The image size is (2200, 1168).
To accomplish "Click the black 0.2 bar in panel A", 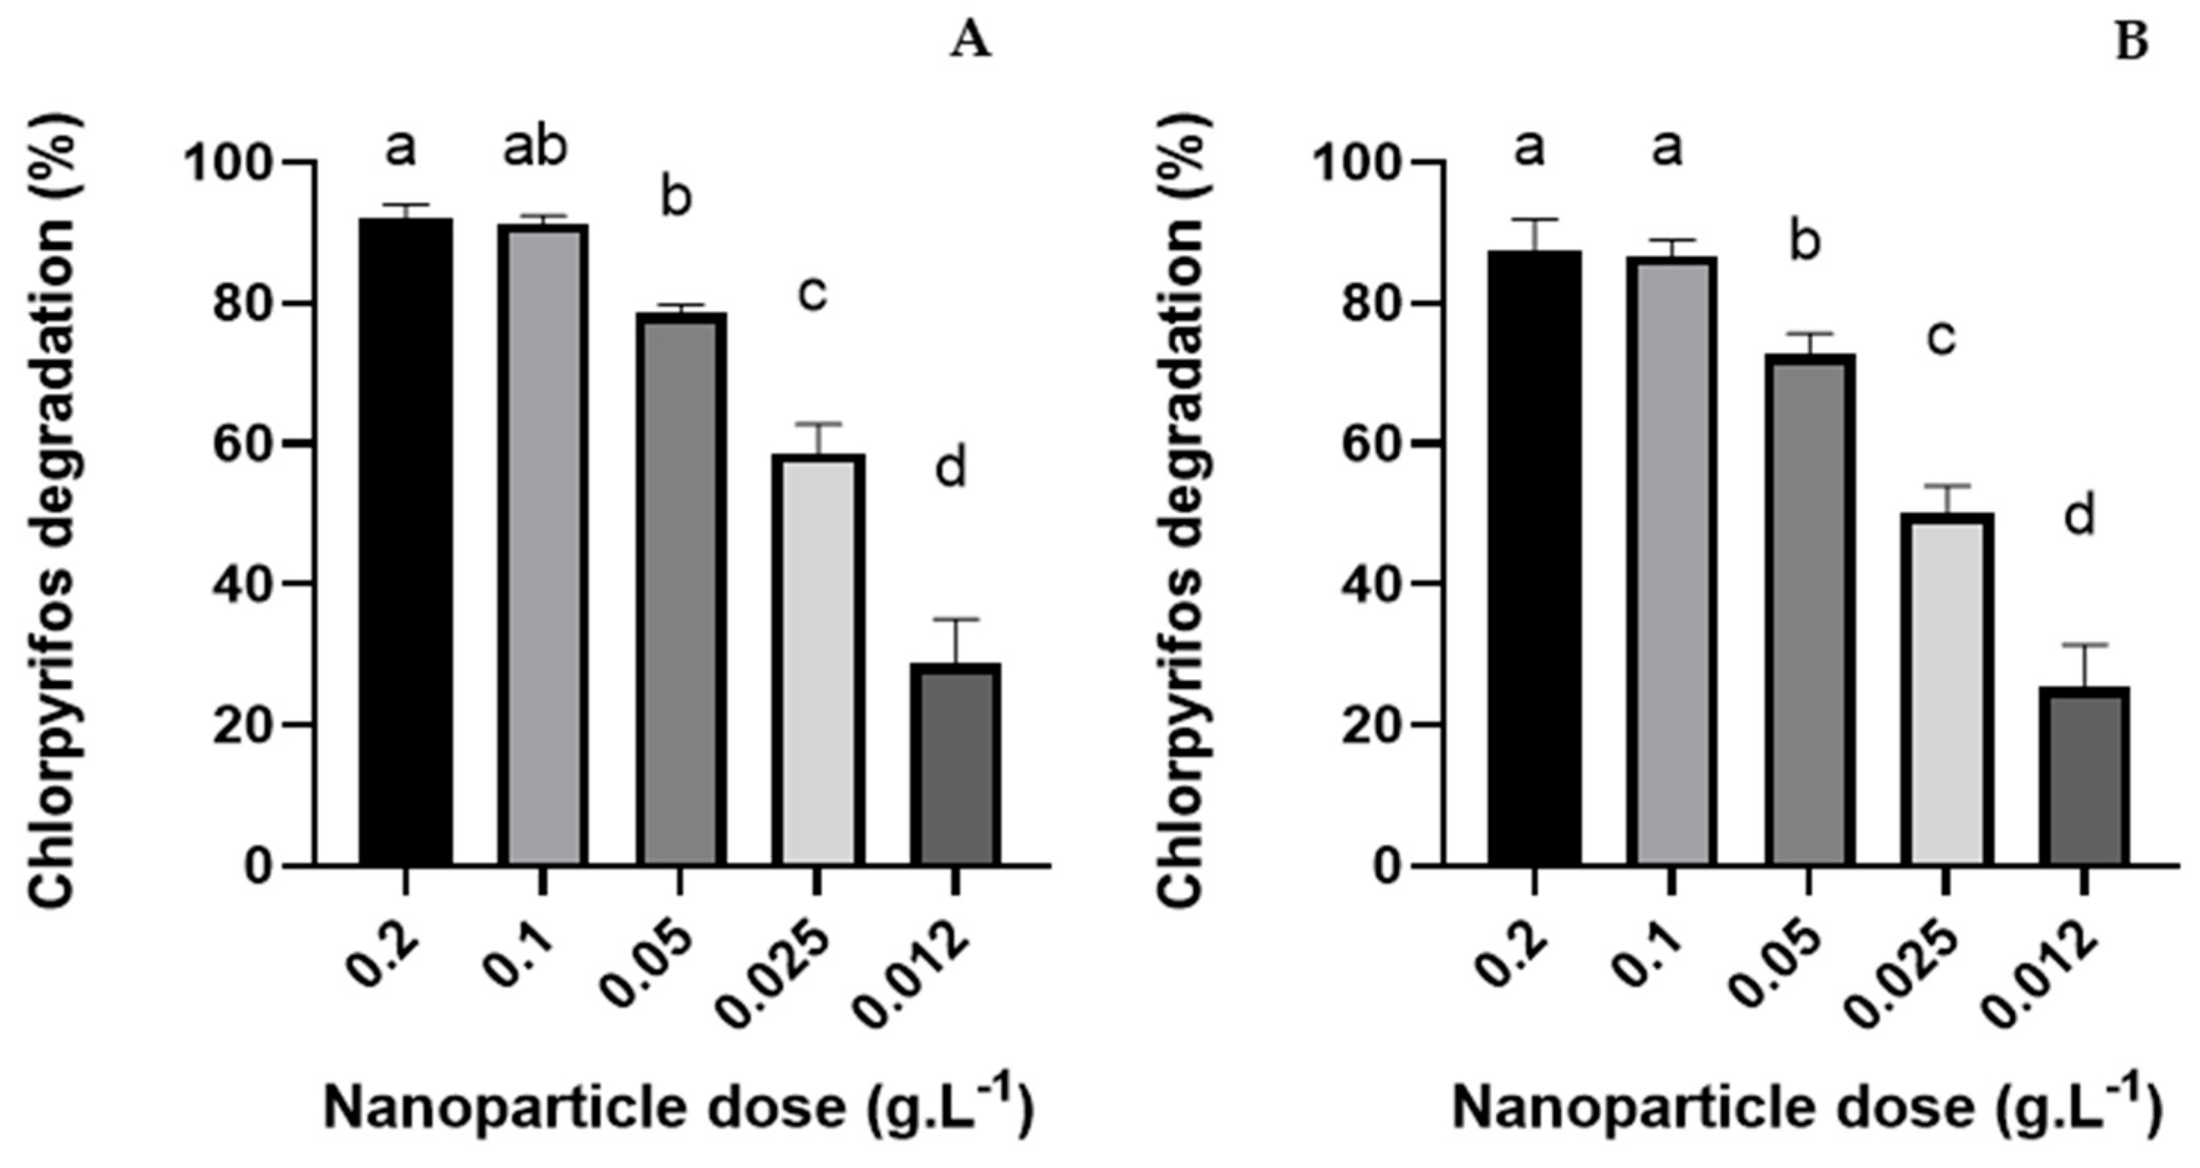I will tap(406, 542).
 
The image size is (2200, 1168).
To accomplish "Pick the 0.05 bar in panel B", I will tap(1809, 610).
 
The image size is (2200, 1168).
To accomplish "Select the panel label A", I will tap(971, 42).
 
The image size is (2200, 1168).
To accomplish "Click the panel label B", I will tap(2131, 42).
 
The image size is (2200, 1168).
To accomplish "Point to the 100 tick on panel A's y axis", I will tap(225, 163).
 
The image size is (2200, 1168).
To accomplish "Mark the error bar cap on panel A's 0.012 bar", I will tap(955, 620).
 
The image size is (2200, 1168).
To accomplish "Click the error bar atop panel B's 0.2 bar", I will tap(1534, 221).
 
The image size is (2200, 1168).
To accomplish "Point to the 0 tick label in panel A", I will tap(253, 868).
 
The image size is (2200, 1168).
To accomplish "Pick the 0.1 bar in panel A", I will tap(543, 545).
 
